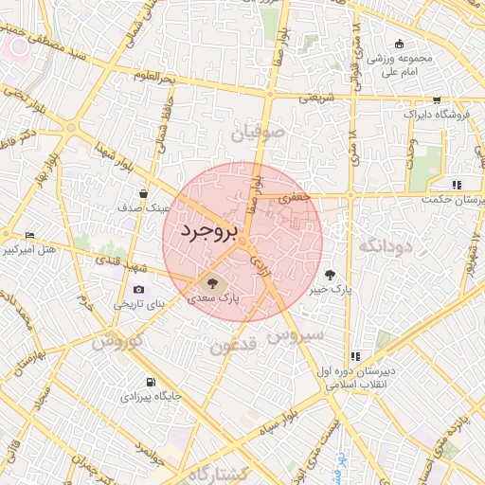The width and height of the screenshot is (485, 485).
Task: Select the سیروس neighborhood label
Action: (296, 334)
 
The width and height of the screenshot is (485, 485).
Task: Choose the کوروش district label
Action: (117, 342)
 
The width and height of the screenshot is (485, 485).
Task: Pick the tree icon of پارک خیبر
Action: (330, 273)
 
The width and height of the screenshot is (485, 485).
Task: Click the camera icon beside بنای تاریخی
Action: (139, 289)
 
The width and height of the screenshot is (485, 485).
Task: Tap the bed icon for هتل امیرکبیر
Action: (29, 235)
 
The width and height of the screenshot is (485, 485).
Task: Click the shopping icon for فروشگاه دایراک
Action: (436, 99)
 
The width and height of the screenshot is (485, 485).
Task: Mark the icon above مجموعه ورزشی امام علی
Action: (399, 44)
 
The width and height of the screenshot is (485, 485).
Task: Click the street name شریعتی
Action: (317, 98)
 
